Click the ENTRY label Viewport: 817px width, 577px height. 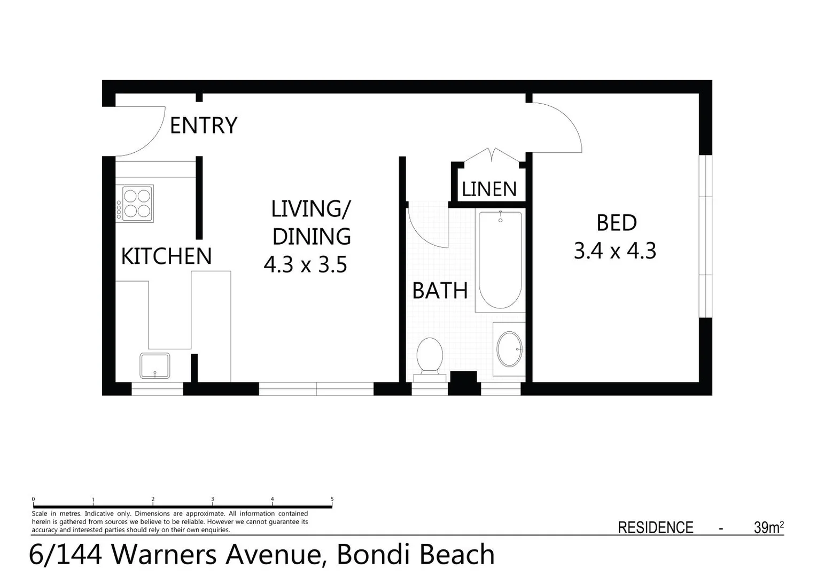(203, 126)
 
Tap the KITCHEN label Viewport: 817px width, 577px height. (166, 256)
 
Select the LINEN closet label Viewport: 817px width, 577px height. (489, 189)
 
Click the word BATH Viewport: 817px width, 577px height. (440, 291)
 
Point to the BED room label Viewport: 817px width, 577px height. (616, 223)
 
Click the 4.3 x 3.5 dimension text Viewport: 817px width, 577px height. (305, 264)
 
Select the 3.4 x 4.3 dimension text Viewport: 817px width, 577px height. (614, 251)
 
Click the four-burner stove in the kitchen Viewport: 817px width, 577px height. (137, 204)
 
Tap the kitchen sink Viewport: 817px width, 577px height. (155, 365)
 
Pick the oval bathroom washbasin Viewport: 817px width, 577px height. (509, 349)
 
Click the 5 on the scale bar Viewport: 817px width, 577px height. (332, 500)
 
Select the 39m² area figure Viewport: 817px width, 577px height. (768, 527)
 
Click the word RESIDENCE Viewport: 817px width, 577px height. (655, 528)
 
